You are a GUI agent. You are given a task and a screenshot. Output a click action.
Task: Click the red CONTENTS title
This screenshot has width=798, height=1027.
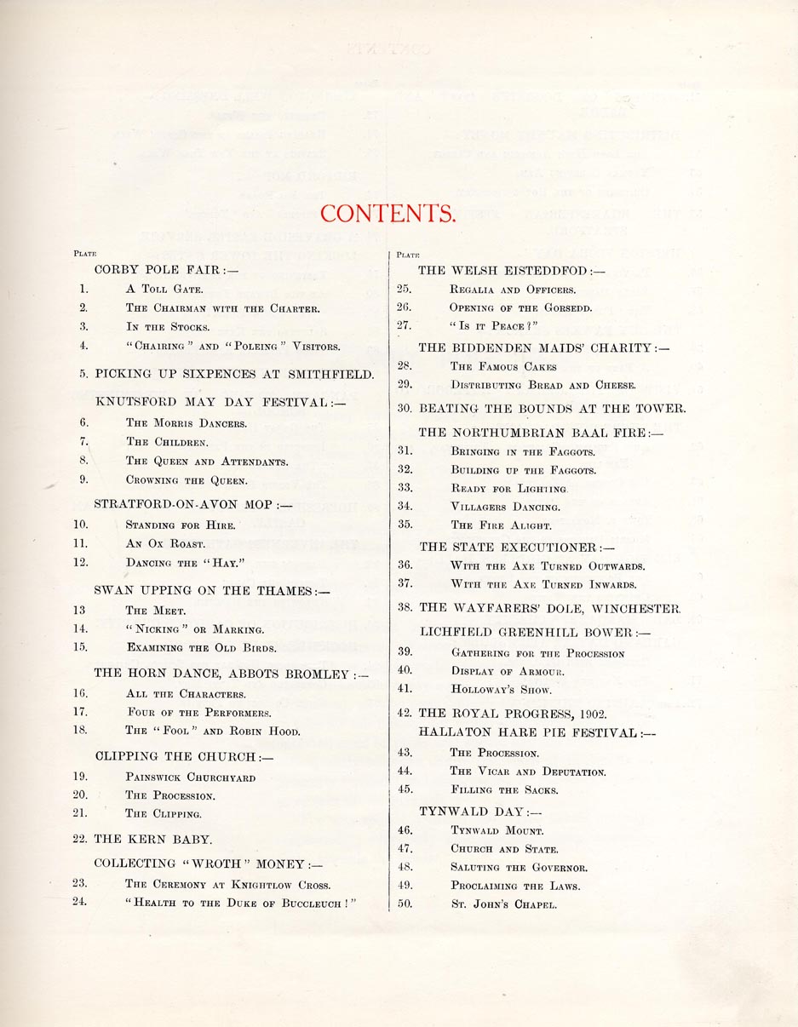[x=387, y=213]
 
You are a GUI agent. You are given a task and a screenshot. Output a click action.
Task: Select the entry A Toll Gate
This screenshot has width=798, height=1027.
[x=164, y=290]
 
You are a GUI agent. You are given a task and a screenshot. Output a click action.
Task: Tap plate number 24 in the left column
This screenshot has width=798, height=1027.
[x=81, y=902]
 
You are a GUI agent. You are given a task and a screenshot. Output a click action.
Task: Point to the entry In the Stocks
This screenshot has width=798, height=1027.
[x=167, y=327]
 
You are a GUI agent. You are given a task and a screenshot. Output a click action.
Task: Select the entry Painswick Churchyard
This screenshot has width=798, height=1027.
[x=190, y=777]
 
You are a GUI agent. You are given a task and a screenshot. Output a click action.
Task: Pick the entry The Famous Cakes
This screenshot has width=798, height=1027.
[x=503, y=366]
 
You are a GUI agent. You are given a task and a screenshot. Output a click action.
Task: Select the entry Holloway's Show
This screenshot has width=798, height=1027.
[x=502, y=690]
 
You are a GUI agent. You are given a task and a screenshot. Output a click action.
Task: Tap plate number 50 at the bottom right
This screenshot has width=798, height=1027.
[x=405, y=904]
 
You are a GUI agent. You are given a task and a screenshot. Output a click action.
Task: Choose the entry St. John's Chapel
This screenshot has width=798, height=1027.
[x=503, y=904]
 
